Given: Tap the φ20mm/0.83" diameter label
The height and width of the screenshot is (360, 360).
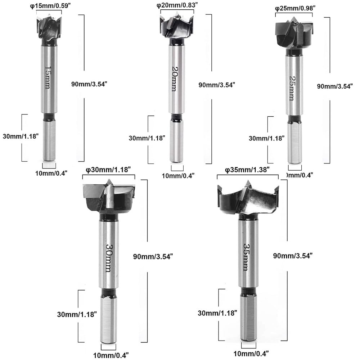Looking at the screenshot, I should tap(177, 5).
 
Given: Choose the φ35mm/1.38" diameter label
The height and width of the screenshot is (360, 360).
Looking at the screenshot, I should tap(247, 170).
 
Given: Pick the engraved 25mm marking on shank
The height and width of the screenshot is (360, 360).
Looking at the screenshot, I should tap(292, 88).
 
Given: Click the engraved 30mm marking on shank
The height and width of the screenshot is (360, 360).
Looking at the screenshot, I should tap(108, 256).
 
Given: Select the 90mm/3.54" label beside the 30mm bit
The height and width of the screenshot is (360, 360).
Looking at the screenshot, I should tap(153, 256).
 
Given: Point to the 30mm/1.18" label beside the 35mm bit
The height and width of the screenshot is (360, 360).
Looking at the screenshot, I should tap(217, 313).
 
